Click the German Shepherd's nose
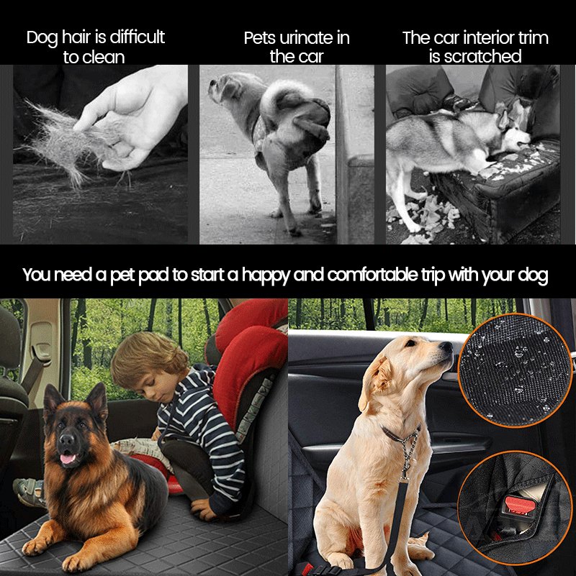coord(66,439)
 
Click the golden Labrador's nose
coord(447,349)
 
